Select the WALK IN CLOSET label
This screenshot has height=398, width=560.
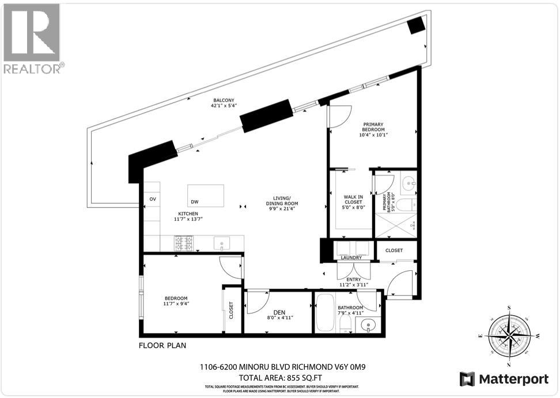click(x=353, y=200)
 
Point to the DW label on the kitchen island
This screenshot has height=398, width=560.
click(x=195, y=202)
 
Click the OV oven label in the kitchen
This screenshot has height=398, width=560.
click(x=153, y=199)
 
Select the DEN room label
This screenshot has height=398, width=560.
click(x=279, y=312)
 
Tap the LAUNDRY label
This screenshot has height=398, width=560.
click(x=351, y=258)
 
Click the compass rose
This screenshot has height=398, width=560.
click(x=509, y=335)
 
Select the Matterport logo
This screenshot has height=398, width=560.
click(x=499, y=378)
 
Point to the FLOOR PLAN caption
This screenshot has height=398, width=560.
click(x=162, y=346)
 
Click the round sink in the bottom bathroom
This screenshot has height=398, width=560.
click(x=368, y=326)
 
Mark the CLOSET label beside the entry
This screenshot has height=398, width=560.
click(x=394, y=251)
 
